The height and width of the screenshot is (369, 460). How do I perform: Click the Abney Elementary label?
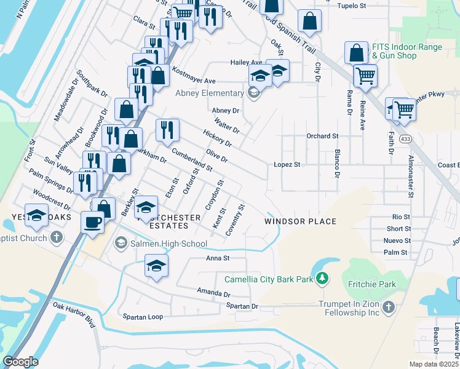pyautogui.click(x=209, y=93)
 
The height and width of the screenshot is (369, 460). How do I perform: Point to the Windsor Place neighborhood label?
pyautogui.click(x=301, y=221)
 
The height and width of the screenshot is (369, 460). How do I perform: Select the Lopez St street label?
pyautogui.click(x=287, y=165)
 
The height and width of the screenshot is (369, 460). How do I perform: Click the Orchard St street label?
pyautogui.click(x=322, y=136)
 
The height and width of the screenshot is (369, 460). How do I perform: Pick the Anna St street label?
pyautogui.click(x=217, y=258)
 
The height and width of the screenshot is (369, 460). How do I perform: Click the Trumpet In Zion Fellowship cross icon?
pyautogui.click(x=387, y=307)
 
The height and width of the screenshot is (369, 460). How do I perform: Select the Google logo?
pyautogui.click(x=20, y=362)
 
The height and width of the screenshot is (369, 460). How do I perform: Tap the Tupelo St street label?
pyautogui.click(x=352, y=6)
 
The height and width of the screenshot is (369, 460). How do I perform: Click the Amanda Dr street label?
pyautogui.click(x=213, y=291)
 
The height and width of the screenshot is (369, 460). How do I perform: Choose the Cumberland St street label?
pyautogui.click(x=192, y=159)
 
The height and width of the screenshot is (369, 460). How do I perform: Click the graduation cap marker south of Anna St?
pyautogui.click(x=156, y=266)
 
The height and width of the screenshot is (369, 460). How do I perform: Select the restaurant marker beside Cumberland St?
pyautogui.click(x=167, y=130)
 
